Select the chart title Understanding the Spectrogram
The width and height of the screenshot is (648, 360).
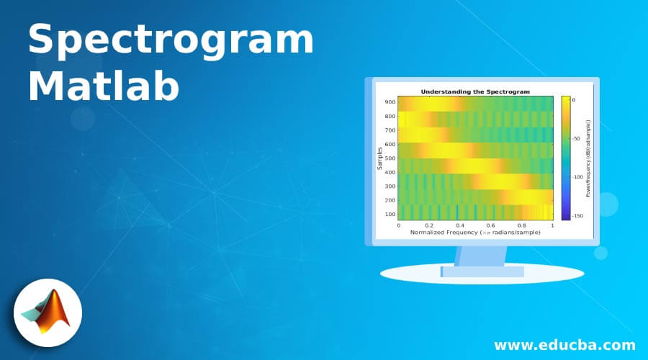[x=475, y=91]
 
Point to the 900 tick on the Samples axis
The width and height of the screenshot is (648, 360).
[x=390, y=102]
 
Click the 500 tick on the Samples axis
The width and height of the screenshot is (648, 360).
[x=390, y=158]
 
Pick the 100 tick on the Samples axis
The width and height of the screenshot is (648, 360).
[x=390, y=214]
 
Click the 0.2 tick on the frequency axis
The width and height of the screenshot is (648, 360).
[x=429, y=225]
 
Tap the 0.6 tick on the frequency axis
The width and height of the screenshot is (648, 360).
[x=491, y=225]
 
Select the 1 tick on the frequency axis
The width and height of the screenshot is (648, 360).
[x=552, y=225]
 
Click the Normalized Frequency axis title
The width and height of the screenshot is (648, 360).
[x=475, y=233]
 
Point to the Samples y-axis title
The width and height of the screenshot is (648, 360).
[x=379, y=158]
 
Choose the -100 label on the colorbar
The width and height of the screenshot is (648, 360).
[x=577, y=177]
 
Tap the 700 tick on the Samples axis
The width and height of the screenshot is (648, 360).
[x=390, y=130]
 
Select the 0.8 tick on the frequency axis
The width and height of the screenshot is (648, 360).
[x=522, y=225]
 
